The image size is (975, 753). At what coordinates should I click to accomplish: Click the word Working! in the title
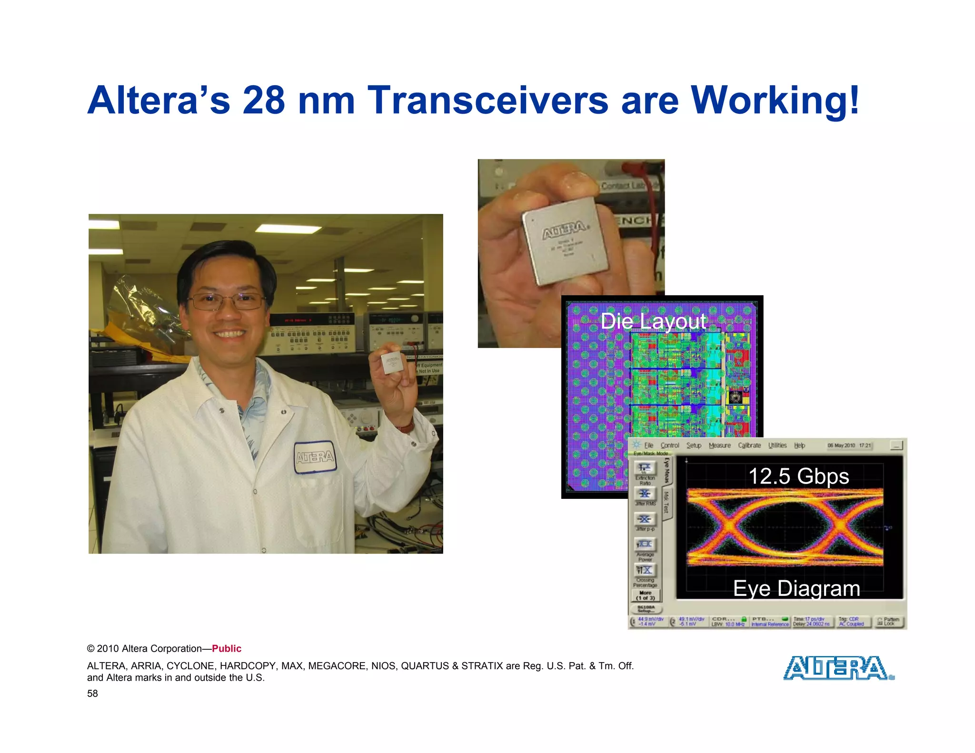(775, 100)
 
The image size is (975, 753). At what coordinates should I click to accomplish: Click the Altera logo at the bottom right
(838, 668)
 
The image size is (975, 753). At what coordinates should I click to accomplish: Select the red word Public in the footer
(227, 649)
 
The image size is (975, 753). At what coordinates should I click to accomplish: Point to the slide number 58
(92, 694)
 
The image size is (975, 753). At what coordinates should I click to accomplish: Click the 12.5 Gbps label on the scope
(798, 476)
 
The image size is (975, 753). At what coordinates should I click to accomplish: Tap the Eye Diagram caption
(796, 589)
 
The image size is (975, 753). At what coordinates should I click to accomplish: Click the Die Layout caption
(653, 321)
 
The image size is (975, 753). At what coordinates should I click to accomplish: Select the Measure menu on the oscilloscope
(719, 446)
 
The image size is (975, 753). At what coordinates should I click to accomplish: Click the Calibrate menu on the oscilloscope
(749, 446)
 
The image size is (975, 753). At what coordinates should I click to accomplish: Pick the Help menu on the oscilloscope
(799, 446)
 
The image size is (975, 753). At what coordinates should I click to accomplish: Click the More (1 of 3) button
(646, 595)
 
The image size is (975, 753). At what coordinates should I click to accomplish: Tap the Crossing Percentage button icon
(645, 570)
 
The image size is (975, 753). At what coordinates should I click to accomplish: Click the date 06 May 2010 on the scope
(841, 446)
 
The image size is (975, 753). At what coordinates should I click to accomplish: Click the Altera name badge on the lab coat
(315, 457)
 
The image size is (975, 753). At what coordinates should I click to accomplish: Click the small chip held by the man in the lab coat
(392, 363)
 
